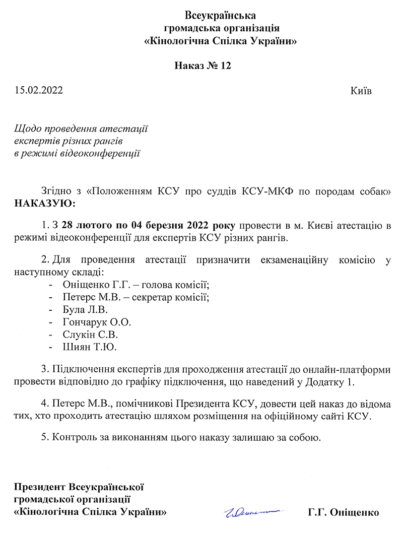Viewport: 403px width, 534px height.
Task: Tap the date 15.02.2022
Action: click(x=38, y=91)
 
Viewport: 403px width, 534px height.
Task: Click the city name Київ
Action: click(x=361, y=91)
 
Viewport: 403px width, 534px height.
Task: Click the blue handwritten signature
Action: click(x=251, y=513)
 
